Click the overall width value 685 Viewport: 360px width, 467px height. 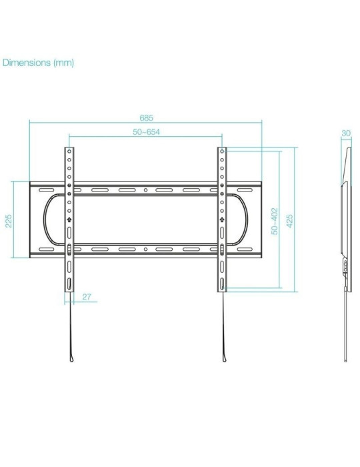[x=146, y=117]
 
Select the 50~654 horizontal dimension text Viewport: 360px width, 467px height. [x=146, y=132]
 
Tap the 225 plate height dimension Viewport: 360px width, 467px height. [x=9, y=219]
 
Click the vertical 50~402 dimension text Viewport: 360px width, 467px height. [x=273, y=219]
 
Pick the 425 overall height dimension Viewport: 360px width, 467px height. [x=289, y=219]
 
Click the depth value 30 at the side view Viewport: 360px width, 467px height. [x=345, y=133]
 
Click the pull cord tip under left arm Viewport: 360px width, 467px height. [x=69, y=360]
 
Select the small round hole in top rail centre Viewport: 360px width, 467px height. [x=146, y=191]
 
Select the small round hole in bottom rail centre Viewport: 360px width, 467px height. [x=146, y=249]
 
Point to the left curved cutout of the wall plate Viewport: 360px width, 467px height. [x=45, y=219]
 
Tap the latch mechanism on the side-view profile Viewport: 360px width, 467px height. [x=345, y=266]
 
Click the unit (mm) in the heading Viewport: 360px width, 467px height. [x=64, y=63]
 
